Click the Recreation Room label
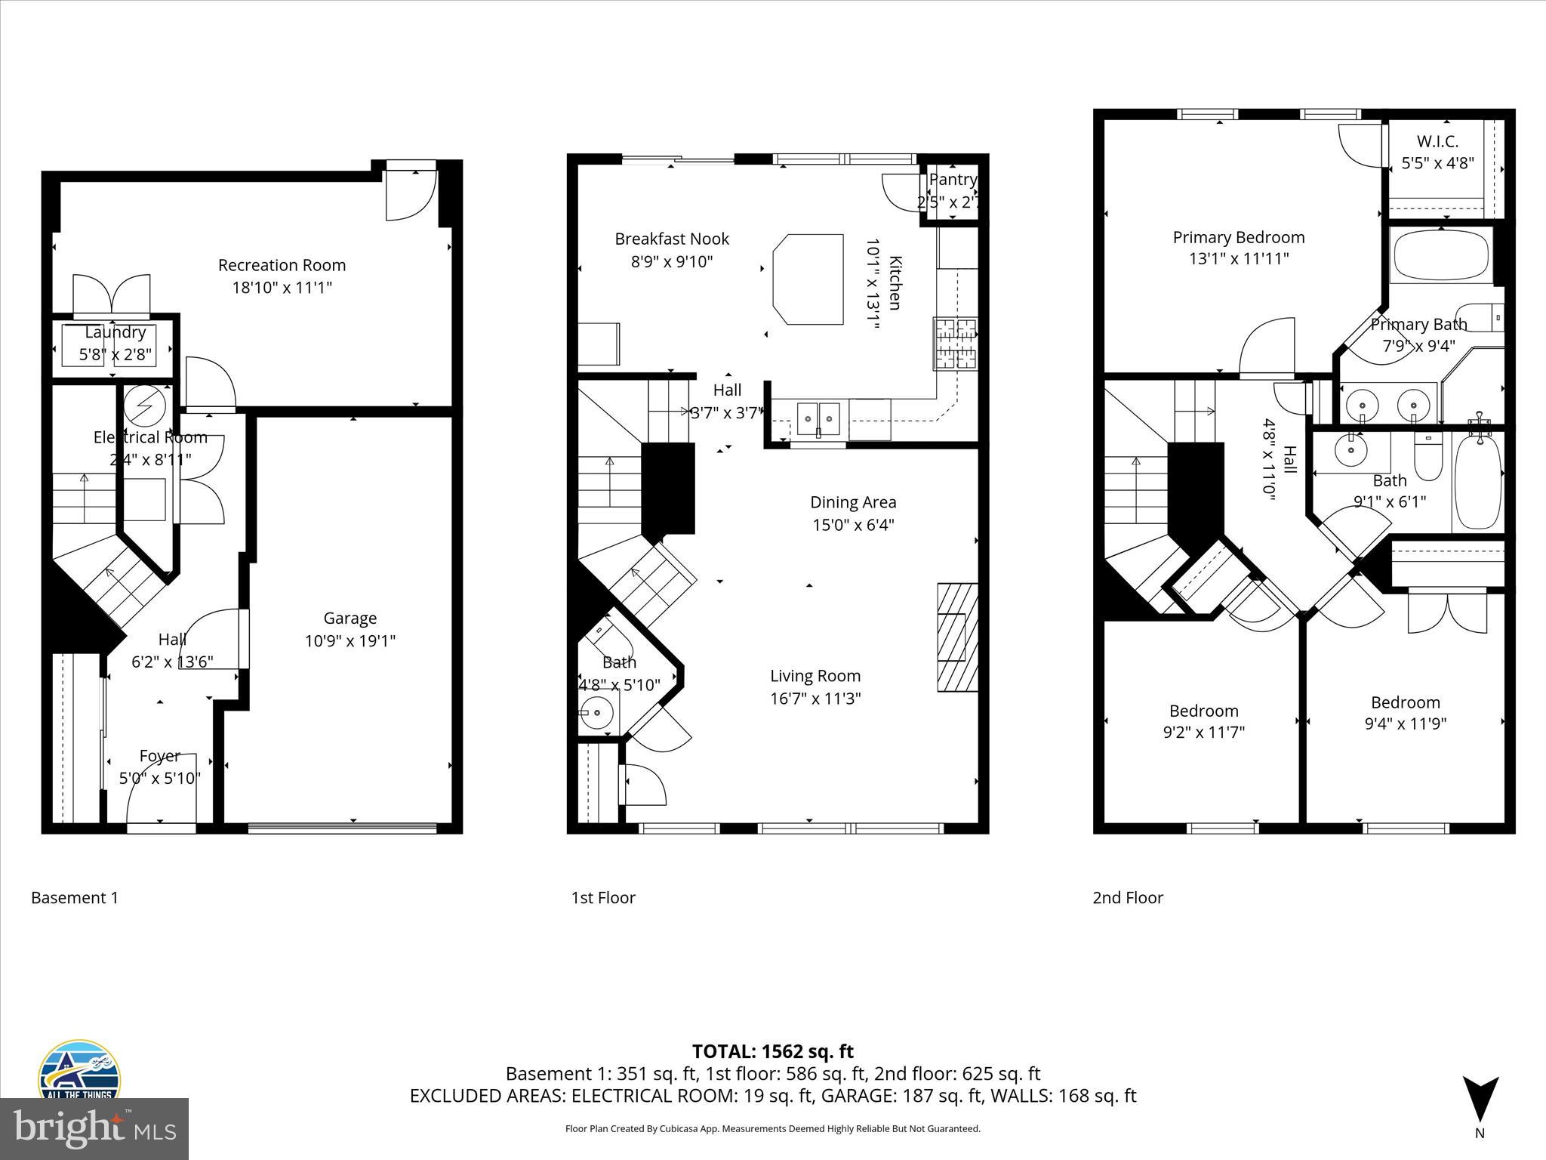click(x=282, y=265)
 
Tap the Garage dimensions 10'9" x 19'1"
click(x=350, y=641)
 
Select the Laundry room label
click(x=115, y=332)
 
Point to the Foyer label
click(x=159, y=756)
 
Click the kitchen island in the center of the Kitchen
click(x=808, y=279)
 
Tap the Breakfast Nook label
click(x=672, y=239)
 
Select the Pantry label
click(x=953, y=180)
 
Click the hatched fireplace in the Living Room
click(x=957, y=637)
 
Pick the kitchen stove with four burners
click(x=955, y=344)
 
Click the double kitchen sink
click(x=818, y=416)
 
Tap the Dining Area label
click(x=853, y=502)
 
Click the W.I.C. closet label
click(x=1437, y=141)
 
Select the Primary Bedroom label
click(x=1238, y=237)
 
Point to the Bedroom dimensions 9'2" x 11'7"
click(x=1203, y=732)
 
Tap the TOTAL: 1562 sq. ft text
click(x=772, y=1051)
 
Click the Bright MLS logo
click(x=94, y=1128)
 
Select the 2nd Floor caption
click(x=1128, y=898)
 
